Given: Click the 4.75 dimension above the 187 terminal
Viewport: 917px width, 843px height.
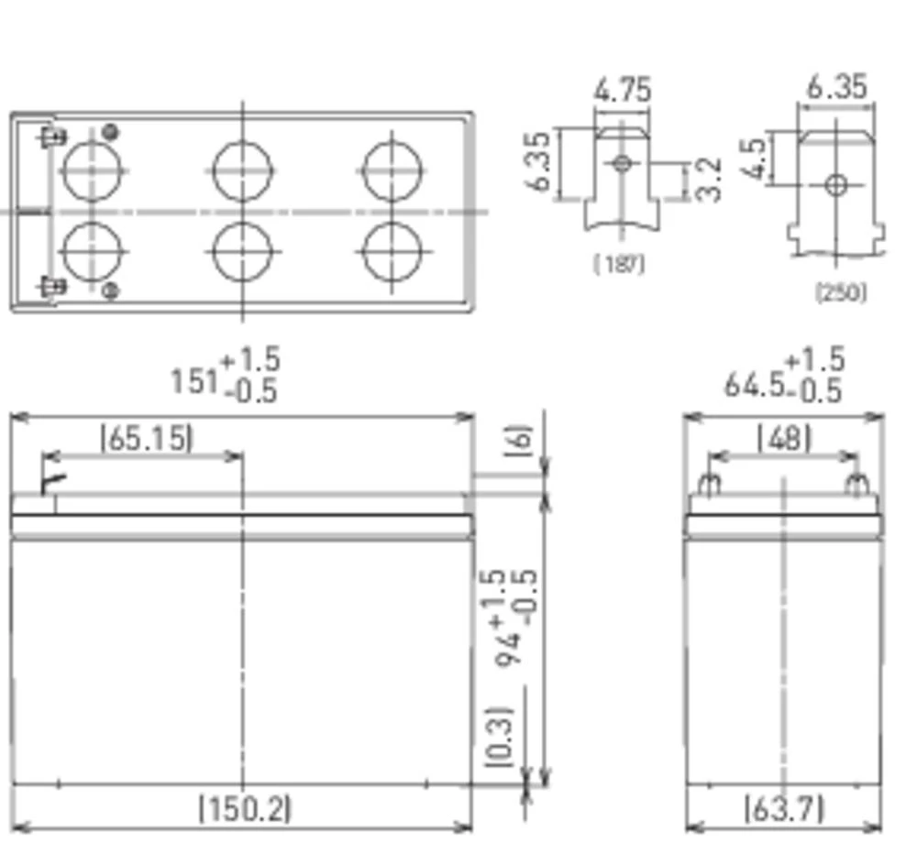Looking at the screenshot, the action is click(623, 90).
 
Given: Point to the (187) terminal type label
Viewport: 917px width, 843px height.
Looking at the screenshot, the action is click(619, 264).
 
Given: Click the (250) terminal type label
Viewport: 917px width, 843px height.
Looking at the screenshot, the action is click(841, 292).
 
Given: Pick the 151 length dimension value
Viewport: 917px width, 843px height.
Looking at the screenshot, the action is click(195, 381).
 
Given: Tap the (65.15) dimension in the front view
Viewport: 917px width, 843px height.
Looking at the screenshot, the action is click(147, 438).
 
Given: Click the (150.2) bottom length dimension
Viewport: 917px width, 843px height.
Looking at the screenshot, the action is click(245, 808).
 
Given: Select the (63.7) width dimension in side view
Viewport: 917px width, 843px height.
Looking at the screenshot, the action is click(784, 808).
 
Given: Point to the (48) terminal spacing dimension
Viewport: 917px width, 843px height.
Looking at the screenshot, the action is click(784, 438).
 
